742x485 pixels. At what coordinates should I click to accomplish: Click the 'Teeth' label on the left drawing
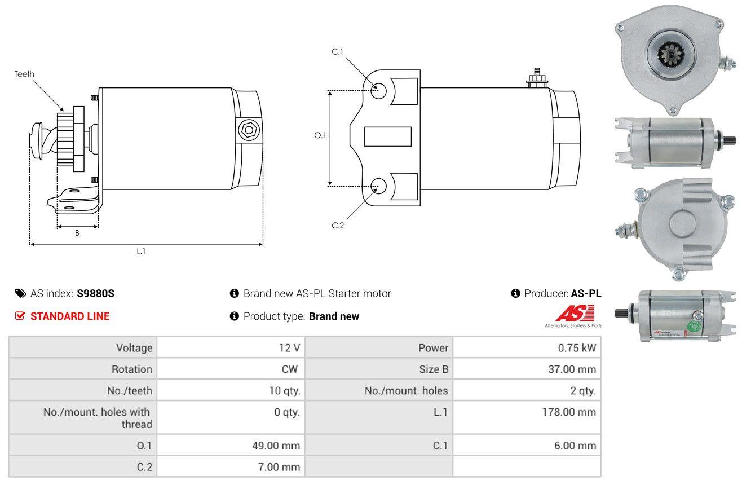(24, 74)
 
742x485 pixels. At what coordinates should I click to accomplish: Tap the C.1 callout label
(337, 52)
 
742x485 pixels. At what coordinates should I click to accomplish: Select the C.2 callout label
(338, 225)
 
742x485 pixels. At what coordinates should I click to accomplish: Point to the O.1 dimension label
(320, 135)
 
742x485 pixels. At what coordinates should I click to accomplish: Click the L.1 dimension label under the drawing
(141, 252)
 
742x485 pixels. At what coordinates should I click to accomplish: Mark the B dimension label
(77, 233)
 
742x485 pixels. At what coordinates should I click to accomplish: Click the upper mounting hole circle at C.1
(378, 91)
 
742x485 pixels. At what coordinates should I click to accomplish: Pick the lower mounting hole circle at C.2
(378, 186)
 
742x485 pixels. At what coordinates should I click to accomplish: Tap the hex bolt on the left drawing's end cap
(249, 130)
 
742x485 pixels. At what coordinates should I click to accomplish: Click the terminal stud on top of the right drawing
(537, 79)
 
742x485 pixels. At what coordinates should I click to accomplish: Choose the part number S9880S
(95, 293)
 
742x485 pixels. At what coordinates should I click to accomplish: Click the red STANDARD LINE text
(70, 316)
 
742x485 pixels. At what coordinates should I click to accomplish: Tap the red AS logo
(575, 313)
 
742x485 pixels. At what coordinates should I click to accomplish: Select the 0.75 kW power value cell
(527, 347)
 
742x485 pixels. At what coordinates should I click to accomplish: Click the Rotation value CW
(289, 369)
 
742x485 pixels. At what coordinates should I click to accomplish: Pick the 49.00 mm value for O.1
(276, 446)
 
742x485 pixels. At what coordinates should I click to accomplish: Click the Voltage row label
(134, 348)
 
